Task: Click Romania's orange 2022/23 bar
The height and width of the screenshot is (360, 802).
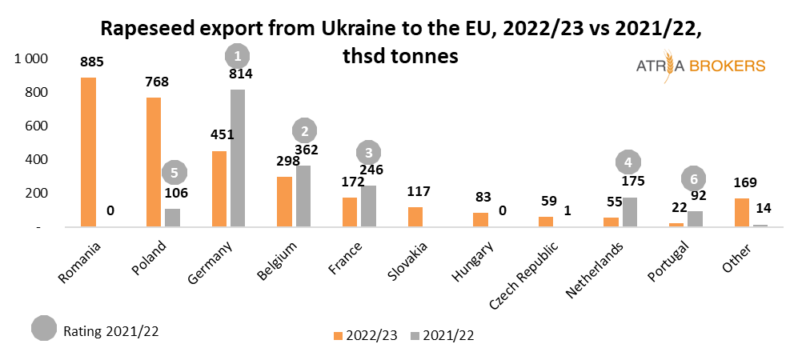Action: [88, 152]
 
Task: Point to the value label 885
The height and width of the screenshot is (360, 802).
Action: [92, 61]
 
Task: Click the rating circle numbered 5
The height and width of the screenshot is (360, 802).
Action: [174, 172]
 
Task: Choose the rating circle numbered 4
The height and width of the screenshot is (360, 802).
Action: [629, 162]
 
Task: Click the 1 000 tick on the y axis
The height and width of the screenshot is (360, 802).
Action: [31, 59]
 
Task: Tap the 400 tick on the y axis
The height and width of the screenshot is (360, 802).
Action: [39, 159]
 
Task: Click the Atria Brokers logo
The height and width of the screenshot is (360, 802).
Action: [696, 66]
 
